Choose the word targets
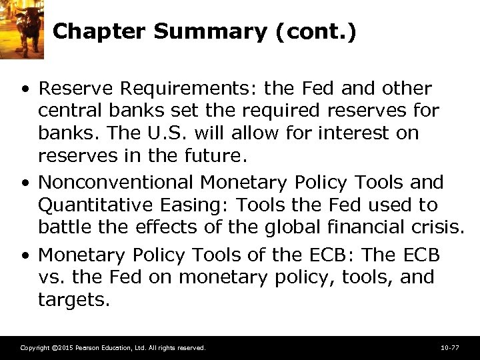coord(73,299)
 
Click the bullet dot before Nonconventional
coord(25,183)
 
